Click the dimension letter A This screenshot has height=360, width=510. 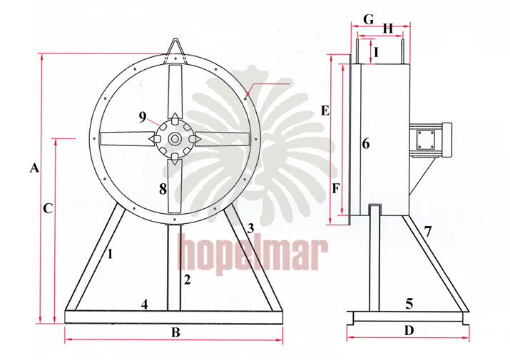click(x=34, y=168)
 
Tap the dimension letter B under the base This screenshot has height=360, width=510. click(x=175, y=333)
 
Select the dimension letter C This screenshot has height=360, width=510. click(x=48, y=208)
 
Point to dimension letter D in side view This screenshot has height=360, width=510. click(x=409, y=331)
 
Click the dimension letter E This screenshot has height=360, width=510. click(x=325, y=111)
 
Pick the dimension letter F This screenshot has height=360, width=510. click(x=336, y=188)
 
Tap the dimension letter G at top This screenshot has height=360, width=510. click(x=369, y=19)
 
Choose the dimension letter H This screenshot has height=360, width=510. click(x=388, y=29)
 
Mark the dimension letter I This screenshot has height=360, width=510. click(x=377, y=52)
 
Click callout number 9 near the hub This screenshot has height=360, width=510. click(x=143, y=117)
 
